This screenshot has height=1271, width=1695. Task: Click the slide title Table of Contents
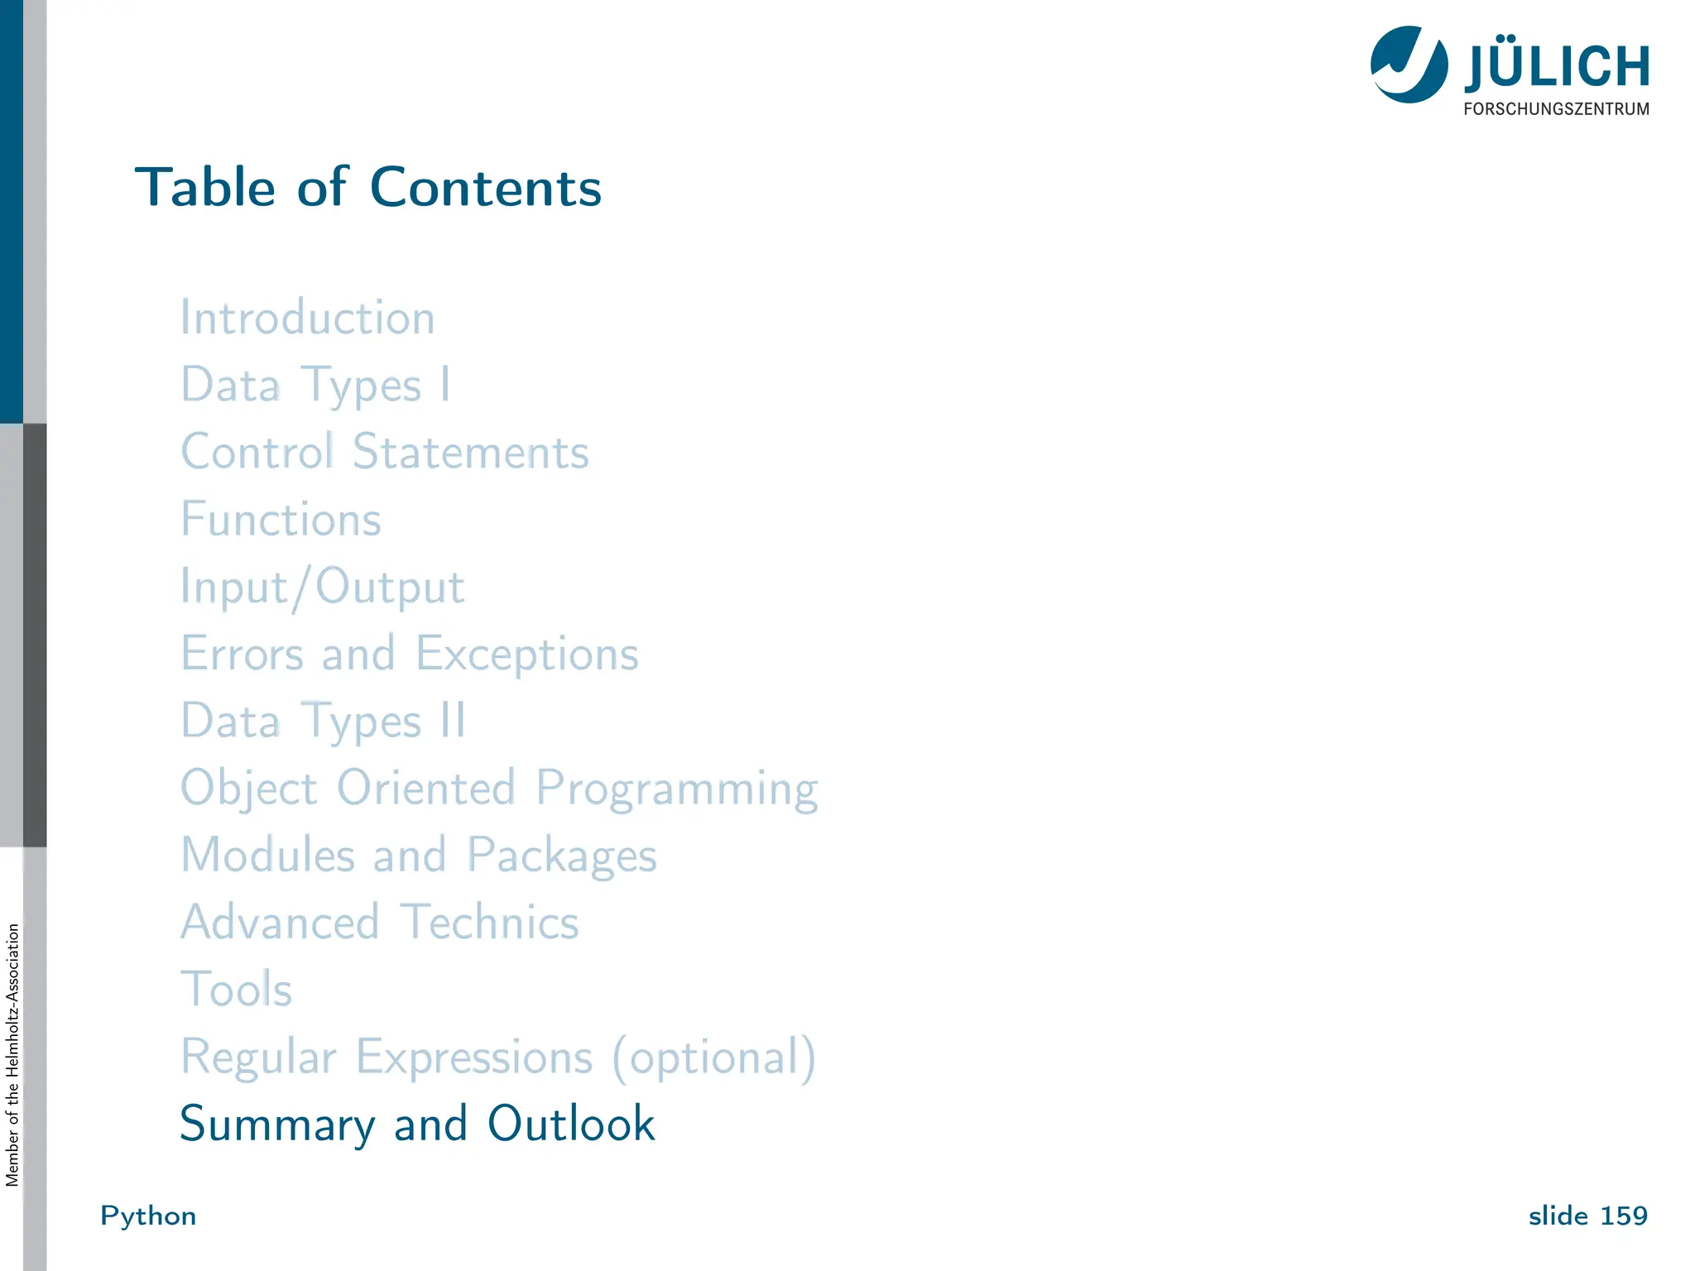(368, 187)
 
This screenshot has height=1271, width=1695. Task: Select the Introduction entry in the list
(308, 318)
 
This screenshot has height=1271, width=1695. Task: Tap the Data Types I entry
(315, 386)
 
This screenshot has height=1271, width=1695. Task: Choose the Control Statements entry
(385, 453)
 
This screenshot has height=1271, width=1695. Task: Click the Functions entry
(281, 520)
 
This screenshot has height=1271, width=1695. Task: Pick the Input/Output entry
(323, 588)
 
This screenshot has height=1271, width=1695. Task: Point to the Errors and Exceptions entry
(410, 655)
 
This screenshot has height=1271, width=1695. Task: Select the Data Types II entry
(324, 721)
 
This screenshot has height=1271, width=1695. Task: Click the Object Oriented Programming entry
(499, 789)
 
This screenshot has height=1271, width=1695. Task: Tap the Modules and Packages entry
(419, 856)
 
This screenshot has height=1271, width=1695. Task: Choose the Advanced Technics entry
(380, 923)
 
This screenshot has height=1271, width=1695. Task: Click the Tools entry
(237, 990)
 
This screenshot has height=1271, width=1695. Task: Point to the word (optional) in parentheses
(714, 1058)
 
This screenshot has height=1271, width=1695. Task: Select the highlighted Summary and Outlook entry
(417, 1125)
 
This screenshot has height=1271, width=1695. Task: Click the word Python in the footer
(148, 1216)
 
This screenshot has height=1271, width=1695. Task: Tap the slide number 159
(1623, 1216)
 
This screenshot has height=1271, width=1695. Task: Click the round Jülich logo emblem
(1409, 65)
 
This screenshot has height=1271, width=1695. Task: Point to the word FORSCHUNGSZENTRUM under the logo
(1556, 109)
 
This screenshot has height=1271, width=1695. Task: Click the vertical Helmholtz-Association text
(12, 1054)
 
